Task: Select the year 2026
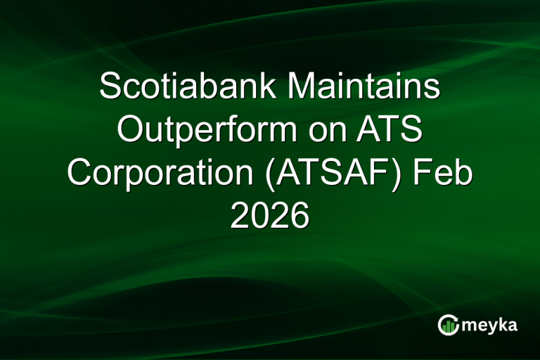[x=270, y=216]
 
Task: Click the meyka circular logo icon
[x=449, y=325]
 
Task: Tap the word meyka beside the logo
[x=492, y=326]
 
